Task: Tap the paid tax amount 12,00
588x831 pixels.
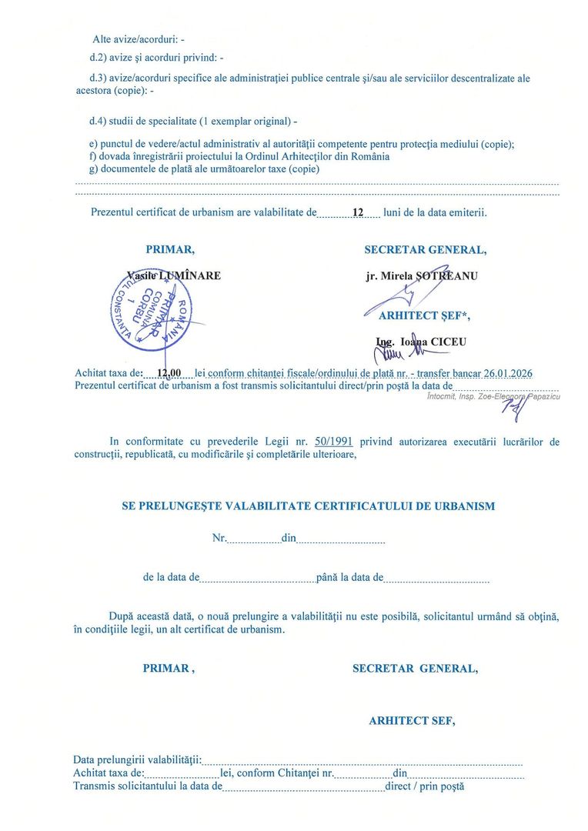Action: [x=168, y=373]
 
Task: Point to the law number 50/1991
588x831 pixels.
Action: [x=333, y=442]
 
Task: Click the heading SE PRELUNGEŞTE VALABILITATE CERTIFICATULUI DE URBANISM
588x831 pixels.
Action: [x=309, y=506]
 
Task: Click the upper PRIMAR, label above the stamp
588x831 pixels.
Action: [x=170, y=249]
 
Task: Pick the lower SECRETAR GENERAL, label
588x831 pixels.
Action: [x=415, y=669]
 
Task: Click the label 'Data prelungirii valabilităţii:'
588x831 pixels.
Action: [x=137, y=761]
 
